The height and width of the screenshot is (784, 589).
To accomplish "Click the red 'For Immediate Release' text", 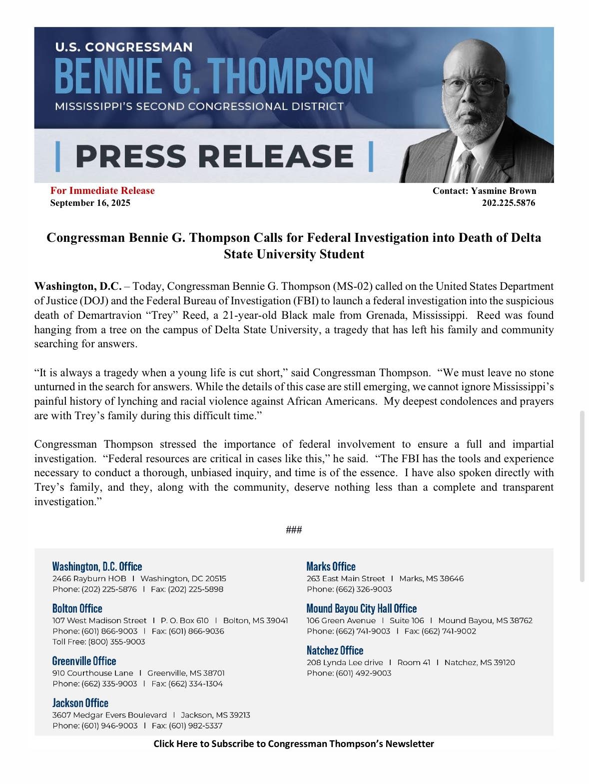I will coord(102,190).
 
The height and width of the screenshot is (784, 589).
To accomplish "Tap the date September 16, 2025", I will coord(90,203).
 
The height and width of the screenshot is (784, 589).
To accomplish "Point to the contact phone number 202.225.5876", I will coord(508,203).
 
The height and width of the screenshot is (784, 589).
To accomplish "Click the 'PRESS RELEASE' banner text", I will coord(214,156).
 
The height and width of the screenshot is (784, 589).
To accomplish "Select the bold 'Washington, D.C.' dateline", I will coord(78,286).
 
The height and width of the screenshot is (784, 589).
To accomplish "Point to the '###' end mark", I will coord(294,530).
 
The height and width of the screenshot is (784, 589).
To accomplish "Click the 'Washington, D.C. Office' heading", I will coord(97,566).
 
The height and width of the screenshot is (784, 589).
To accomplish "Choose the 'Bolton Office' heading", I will coord(77,608).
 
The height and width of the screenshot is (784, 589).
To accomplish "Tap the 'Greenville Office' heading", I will coord(84,661).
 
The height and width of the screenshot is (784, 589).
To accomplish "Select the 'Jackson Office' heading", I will coord(80,703).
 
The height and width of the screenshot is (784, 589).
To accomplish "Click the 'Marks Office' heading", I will coord(331,566).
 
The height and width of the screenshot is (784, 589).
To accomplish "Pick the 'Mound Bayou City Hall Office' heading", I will coord(361,608).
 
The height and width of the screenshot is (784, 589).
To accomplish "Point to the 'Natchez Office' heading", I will coord(335,650).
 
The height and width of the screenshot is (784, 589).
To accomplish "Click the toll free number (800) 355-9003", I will coord(116,642).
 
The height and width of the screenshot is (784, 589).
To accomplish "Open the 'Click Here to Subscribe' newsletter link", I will coord(294,744).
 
